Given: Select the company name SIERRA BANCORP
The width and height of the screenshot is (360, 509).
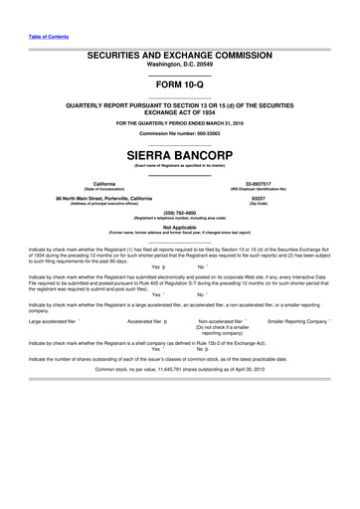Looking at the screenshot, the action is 179,156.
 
